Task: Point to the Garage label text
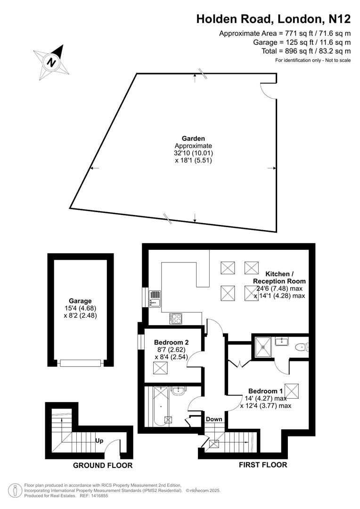pyautogui.click(x=80, y=301)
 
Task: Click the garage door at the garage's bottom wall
pyautogui.click(x=80, y=363)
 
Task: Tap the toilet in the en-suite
pyautogui.click(x=301, y=347)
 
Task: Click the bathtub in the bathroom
pyautogui.click(x=160, y=406)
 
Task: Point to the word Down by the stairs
pyautogui.click(x=214, y=419)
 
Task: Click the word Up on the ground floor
pyautogui.click(x=99, y=441)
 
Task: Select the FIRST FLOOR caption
pyautogui.click(x=262, y=465)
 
